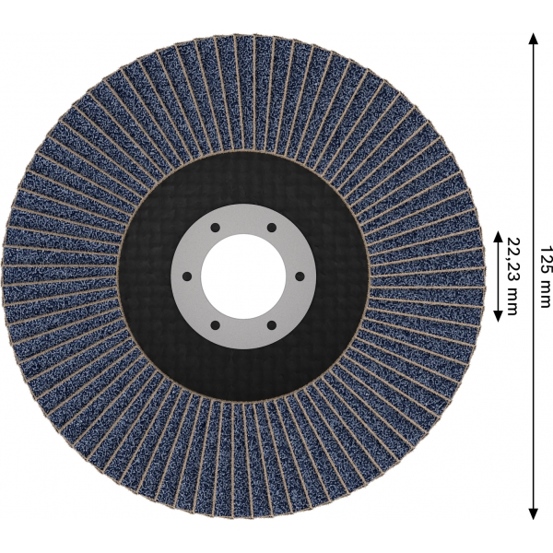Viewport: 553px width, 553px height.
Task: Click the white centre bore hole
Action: click(243, 276)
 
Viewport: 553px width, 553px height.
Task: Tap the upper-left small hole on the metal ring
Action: click(215, 228)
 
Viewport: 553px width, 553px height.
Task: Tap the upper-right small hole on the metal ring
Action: click(271, 228)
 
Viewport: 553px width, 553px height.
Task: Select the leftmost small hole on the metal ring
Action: click(187, 276)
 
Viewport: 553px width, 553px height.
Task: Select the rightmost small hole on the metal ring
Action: click(300, 276)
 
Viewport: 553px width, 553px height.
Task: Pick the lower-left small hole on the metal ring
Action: click(215, 325)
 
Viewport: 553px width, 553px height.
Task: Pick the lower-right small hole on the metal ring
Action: click(271, 325)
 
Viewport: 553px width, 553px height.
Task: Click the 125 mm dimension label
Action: click(544, 276)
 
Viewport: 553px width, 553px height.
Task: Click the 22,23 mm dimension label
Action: click(512, 276)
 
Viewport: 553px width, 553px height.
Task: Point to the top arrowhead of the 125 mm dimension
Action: click(534, 39)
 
